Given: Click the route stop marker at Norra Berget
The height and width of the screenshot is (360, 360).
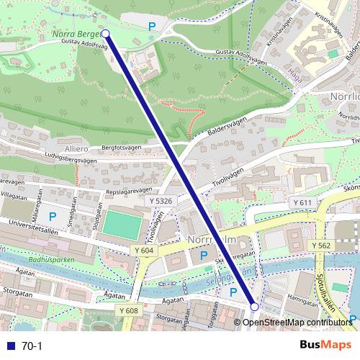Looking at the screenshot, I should (106, 33).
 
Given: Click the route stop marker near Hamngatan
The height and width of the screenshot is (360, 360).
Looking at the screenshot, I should (254, 307).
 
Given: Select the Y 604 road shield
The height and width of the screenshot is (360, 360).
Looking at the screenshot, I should (144, 249).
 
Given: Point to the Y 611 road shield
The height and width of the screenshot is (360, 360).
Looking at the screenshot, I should (302, 204).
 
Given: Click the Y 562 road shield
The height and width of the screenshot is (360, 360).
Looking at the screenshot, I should (322, 246).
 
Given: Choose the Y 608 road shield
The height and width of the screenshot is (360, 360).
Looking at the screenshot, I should (128, 310).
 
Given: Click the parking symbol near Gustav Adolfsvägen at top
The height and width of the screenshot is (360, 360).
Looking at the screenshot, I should (151, 27).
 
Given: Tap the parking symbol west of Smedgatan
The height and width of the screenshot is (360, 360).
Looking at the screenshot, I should (52, 216).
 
